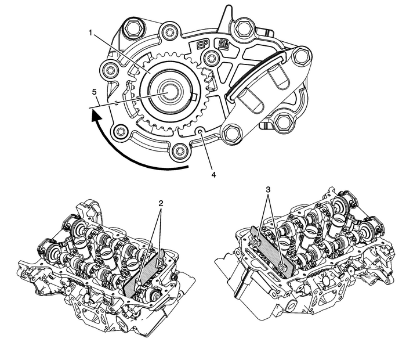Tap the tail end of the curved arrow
click(x=188, y=167)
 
